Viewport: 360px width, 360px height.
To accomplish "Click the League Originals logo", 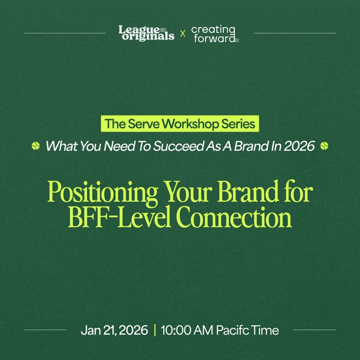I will pyautogui.click(x=146, y=33).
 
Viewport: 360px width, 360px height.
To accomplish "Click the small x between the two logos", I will pyautogui.click(x=182, y=33).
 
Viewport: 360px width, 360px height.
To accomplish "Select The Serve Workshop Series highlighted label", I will pyautogui.click(x=180, y=124).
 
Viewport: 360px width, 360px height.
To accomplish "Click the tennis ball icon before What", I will pyautogui.click(x=36, y=146).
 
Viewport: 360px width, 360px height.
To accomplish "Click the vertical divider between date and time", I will pyautogui.click(x=155, y=330).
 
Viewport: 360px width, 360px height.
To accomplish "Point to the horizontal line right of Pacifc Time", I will pyautogui.click(x=315, y=330).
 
